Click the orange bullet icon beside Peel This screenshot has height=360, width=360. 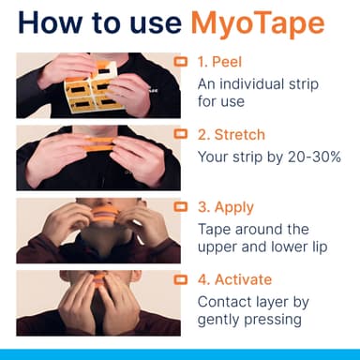183,63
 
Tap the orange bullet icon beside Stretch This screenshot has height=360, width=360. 183,134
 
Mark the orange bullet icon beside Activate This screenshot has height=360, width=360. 183,279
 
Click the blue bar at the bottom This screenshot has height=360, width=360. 180,353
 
